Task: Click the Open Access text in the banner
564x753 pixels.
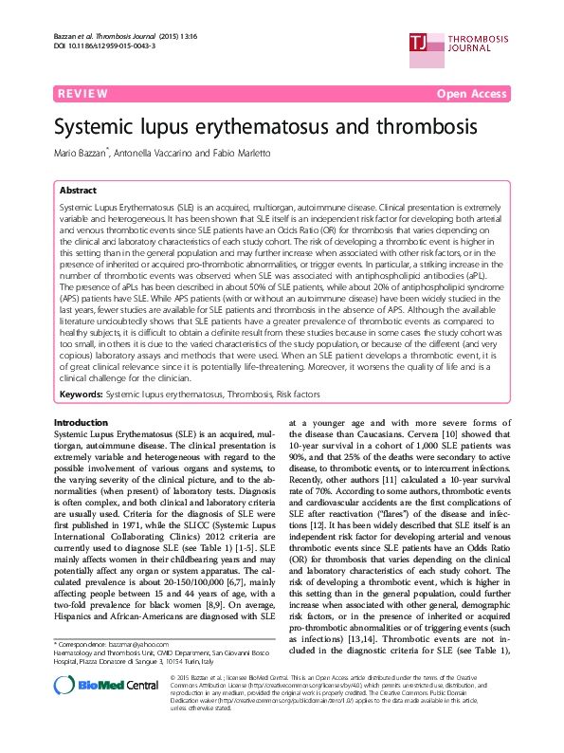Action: pyautogui.click(x=473, y=94)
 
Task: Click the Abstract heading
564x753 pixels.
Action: pyautogui.click(x=79, y=190)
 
